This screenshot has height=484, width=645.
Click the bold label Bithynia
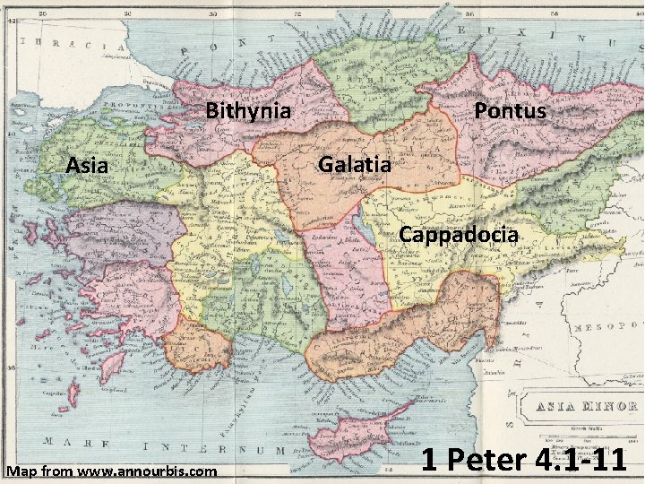(248, 111)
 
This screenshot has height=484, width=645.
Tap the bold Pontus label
(510, 110)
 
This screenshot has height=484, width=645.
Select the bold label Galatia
(355, 164)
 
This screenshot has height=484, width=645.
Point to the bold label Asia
(87, 165)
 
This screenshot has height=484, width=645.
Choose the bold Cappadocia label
(459, 235)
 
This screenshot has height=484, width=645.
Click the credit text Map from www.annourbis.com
(111, 471)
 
